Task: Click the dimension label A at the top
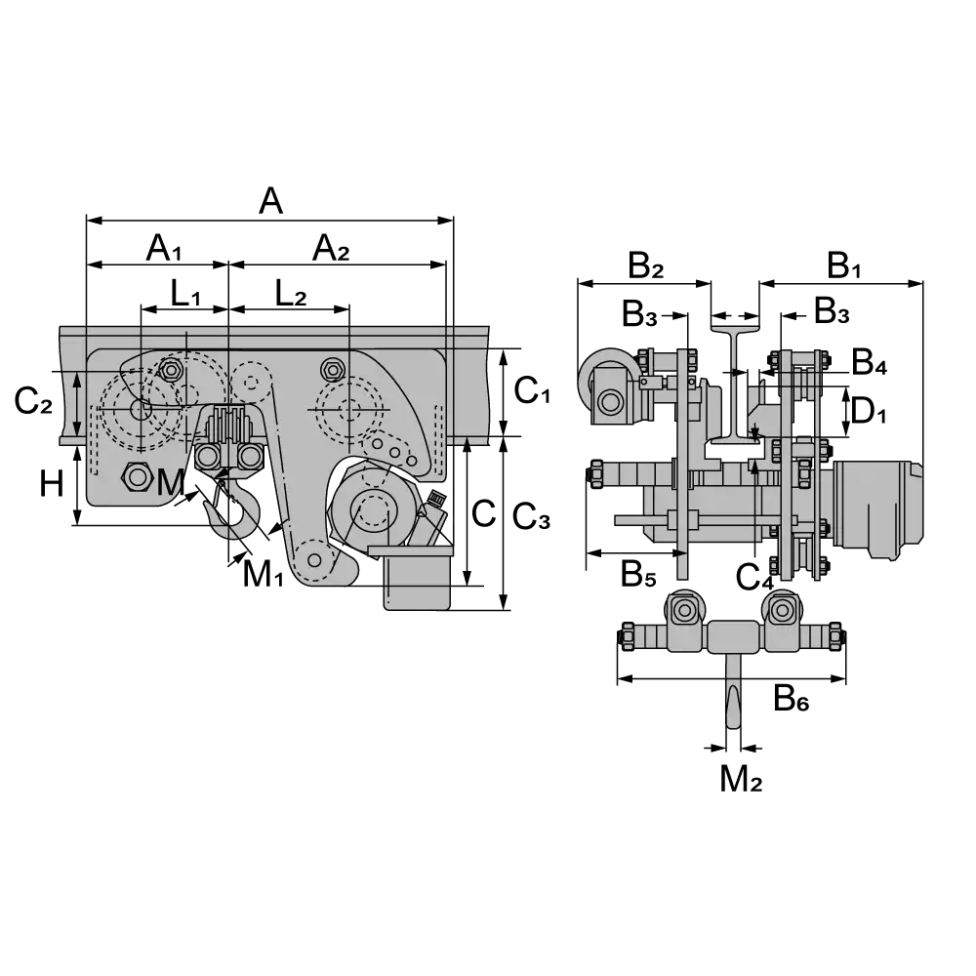coord(270,201)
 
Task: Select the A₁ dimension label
coord(164,248)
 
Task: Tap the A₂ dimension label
coord(331,248)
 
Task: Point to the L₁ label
coord(185,294)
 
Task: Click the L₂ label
coord(291,294)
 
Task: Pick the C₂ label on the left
coord(33,400)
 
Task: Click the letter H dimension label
coord(52,484)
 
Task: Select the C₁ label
coord(532,391)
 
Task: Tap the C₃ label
coord(531,516)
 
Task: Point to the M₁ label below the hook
coord(263,574)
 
